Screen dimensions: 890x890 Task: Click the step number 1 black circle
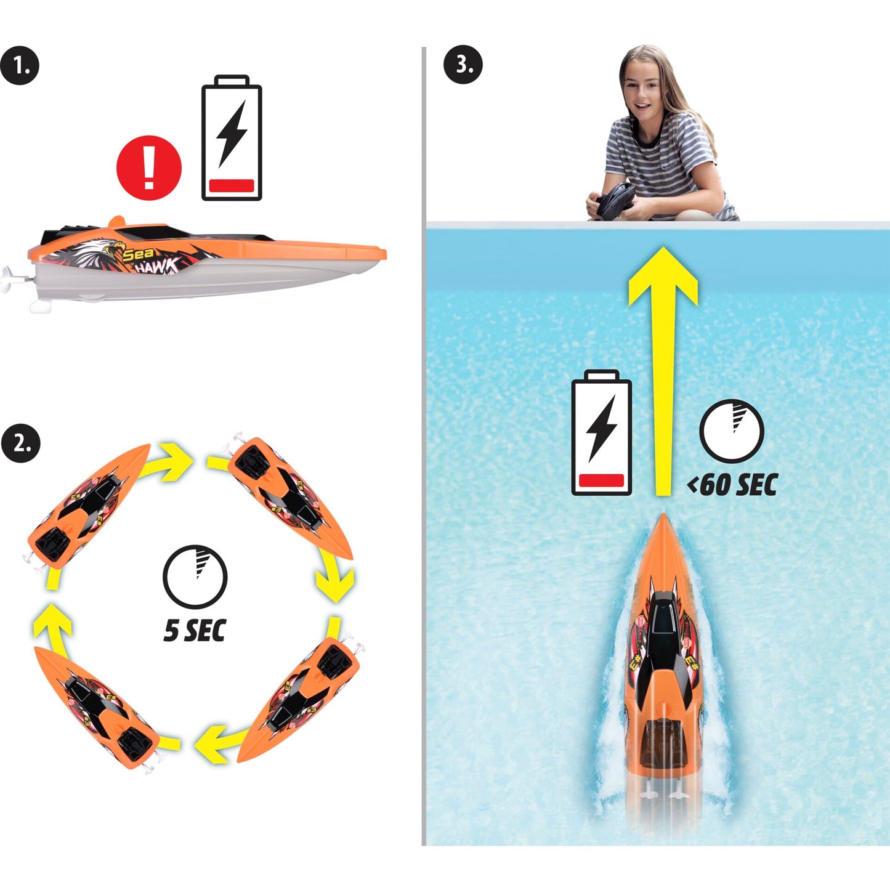[x=19, y=65]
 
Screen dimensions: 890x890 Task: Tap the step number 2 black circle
[x=21, y=443]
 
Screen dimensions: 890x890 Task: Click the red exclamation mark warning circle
[x=148, y=168]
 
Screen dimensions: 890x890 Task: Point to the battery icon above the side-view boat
[x=232, y=137]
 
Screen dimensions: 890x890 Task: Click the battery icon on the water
[x=601, y=433]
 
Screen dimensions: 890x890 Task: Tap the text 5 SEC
[x=195, y=631]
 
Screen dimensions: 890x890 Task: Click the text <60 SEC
[x=732, y=485]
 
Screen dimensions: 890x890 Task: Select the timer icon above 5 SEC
[x=195, y=577]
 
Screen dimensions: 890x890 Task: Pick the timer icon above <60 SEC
[x=732, y=431]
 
